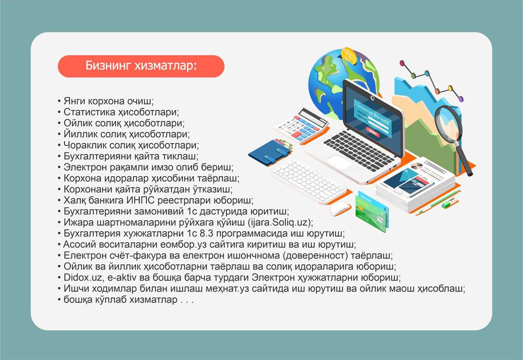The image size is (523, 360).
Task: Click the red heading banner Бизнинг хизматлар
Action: tap(141, 66)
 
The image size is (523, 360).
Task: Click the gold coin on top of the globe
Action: tap(349, 55)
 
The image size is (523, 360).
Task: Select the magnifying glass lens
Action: tap(448, 124)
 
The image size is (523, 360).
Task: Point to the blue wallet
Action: tap(269, 151)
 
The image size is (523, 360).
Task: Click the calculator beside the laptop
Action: tap(301, 126)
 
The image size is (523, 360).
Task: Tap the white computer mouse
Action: tap(340, 209)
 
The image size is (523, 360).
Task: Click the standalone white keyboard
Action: tap(309, 181)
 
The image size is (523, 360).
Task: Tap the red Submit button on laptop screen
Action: tap(372, 132)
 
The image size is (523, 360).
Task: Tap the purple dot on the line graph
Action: tap(461, 99)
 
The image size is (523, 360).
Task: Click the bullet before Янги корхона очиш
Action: tap(59, 101)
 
